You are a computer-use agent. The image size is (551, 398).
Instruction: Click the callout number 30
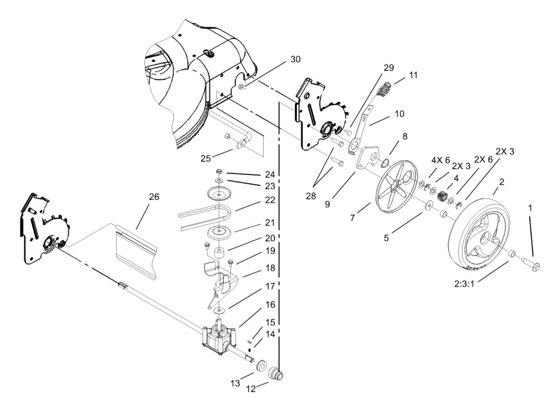pyautogui.click(x=295, y=59)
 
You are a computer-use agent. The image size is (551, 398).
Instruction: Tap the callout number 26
pyautogui.click(x=154, y=197)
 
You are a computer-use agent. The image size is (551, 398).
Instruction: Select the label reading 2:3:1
pyautogui.click(x=464, y=284)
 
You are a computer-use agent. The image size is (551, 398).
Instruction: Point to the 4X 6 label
pyautogui.click(x=441, y=160)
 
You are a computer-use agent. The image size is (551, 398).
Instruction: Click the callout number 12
pyautogui.click(x=251, y=389)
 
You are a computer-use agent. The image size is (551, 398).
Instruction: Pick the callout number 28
pyautogui.click(x=311, y=196)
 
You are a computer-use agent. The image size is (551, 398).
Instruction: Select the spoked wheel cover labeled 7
pyautogui.click(x=397, y=187)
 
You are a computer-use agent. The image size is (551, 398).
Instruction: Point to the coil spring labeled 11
pyautogui.click(x=384, y=90)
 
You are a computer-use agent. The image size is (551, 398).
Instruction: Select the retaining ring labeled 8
pyautogui.click(x=385, y=163)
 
